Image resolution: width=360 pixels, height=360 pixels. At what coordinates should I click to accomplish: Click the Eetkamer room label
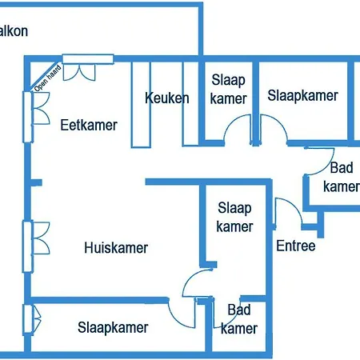point(89,125)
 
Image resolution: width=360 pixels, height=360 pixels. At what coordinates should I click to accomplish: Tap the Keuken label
point(167,98)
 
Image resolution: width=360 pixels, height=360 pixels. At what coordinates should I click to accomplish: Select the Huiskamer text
point(116,248)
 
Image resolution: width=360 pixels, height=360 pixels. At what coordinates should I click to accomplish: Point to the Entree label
point(296,246)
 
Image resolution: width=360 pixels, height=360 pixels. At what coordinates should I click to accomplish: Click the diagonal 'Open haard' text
point(48,78)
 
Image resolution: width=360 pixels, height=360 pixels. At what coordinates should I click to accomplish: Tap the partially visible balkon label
point(14,31)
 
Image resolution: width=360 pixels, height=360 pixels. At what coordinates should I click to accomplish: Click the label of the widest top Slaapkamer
point(302,95)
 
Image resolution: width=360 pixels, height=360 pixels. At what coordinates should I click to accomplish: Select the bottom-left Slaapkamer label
point(113,327)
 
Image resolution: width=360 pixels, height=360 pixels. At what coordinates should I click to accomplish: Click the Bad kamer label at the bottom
point(239,319)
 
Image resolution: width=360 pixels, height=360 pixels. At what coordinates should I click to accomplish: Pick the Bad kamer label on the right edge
point(342,177)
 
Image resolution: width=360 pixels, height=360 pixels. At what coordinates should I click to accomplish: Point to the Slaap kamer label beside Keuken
point(228,89)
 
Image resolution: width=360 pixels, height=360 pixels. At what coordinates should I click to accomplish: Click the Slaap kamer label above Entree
point(234,217)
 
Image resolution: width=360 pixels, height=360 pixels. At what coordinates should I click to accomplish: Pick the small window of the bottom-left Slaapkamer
point(32,319)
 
